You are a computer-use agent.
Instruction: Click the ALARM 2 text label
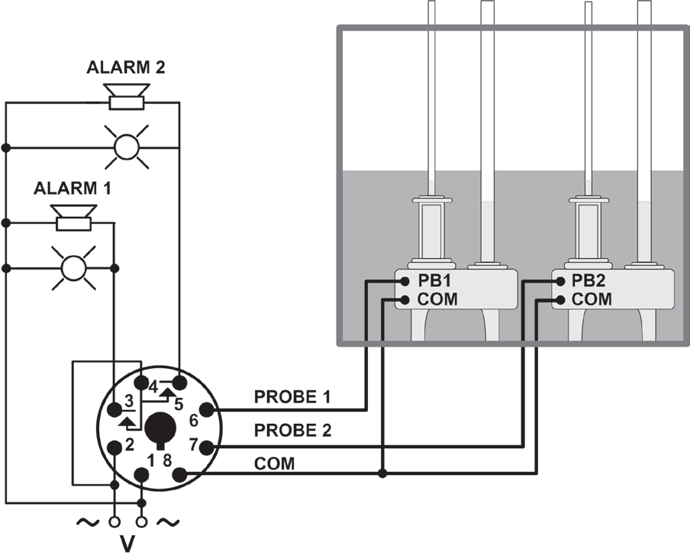click(x=127, y=68)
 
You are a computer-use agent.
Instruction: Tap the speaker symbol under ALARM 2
click(x=127, y=97)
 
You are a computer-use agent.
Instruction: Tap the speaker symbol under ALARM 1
click(x=74, y=217)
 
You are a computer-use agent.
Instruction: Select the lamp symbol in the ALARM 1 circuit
click(x=74, y=268)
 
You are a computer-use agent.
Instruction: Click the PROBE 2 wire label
click(x=293, y=431)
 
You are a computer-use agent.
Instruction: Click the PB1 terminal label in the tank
click(x=437, y=280)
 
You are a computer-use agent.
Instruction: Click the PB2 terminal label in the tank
click(x=591, y=280)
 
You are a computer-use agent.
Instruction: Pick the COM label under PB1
click(x=437, y=299)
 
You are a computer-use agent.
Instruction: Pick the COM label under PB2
click(x=592, y=299)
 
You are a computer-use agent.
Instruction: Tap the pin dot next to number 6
click(x=207, y=411)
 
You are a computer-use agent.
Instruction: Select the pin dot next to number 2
click(x=114, y=448)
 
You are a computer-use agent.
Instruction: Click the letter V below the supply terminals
click(x=127, y=545)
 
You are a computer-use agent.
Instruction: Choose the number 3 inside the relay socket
click(x=129, y=401)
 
